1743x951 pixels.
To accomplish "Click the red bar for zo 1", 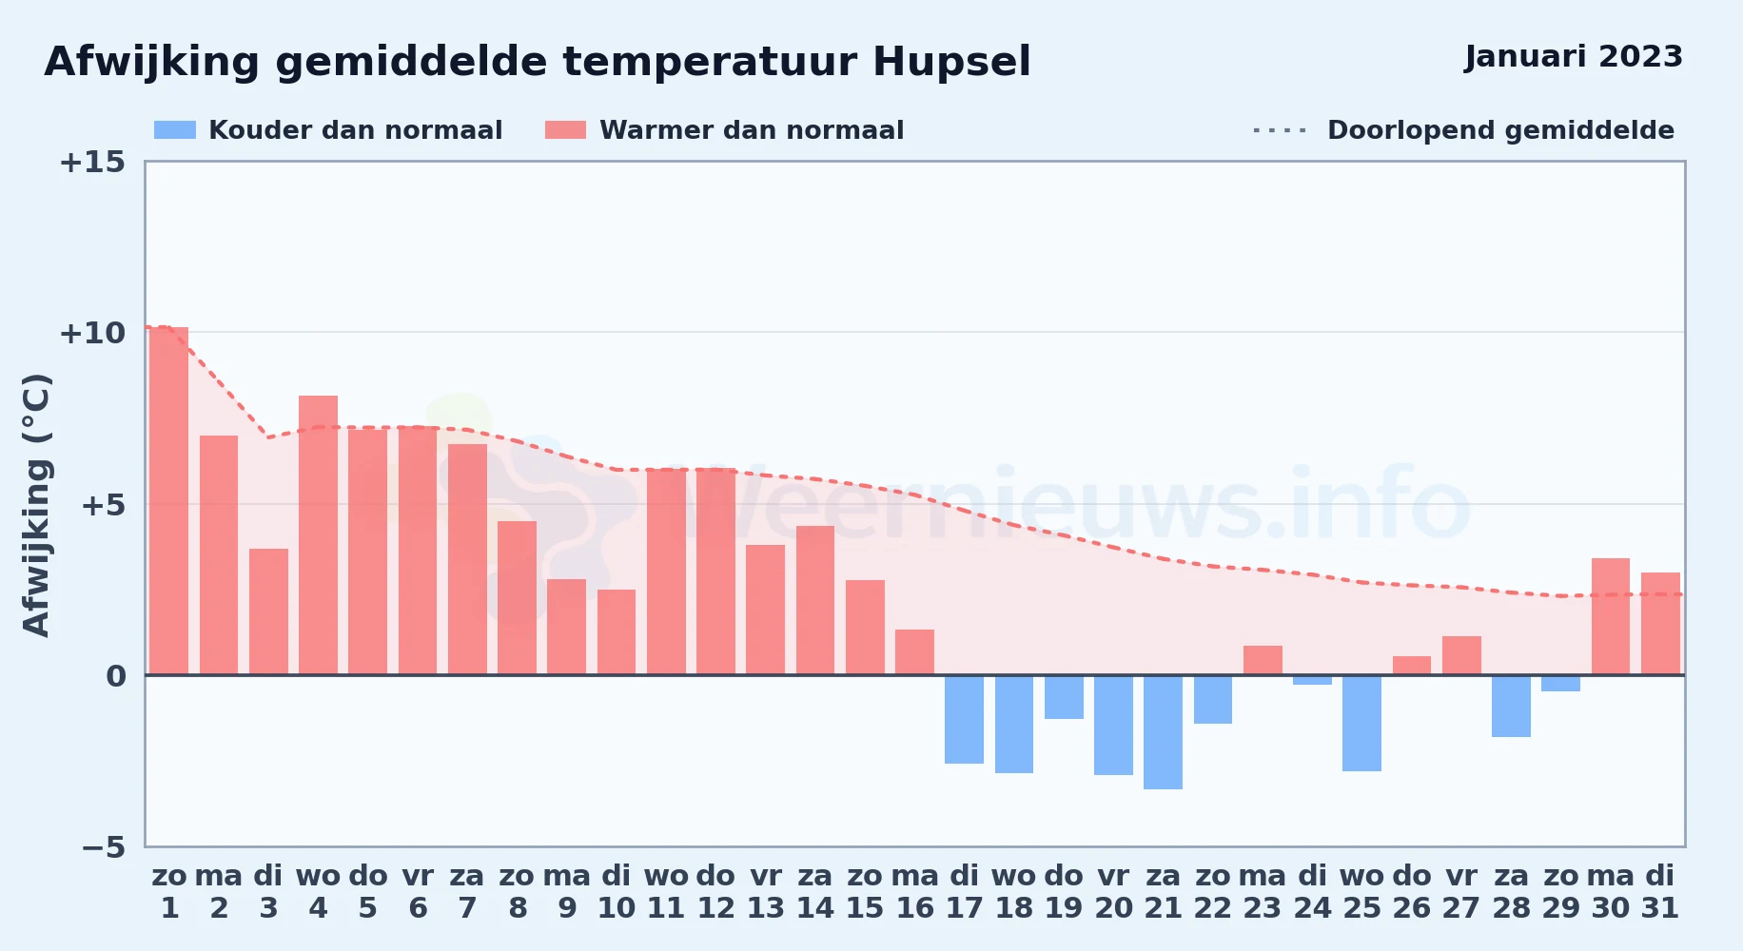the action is (x=169, y=501).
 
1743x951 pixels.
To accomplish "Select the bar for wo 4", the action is (x=318, y=535).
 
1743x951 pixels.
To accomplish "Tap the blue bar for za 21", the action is (x=1163, y=732).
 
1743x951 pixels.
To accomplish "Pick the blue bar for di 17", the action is (x=964, y=720).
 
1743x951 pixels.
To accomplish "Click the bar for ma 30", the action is (x=1611, y=616).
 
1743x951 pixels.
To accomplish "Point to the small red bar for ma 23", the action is (x=1263, y=660).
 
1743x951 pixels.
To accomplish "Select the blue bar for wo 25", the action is (x=1361, y=723).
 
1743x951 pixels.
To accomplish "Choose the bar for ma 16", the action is (x=914, y=652).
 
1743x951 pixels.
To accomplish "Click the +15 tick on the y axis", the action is (x=92, y=162).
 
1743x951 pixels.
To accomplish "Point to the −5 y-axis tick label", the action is (x=103, y=846).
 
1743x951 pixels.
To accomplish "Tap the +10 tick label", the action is (x=92, y=333).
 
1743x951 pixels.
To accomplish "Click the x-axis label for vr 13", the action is (x=766, y=892).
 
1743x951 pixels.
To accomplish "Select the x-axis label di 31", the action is (x=1660, y=892).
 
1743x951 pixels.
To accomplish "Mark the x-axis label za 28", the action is (x=1511, y=892).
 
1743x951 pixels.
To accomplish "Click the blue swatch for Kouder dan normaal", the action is (x=175, y=130).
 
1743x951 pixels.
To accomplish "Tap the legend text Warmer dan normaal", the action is (x=752, y=130).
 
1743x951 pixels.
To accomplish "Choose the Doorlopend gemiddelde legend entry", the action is (x=1463, y=130).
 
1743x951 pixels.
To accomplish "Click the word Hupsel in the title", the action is (x=951, y=63).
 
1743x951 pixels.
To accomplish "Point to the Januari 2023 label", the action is (x=1574, y=57).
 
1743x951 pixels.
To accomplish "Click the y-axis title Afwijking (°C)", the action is (x=36, y=505).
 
